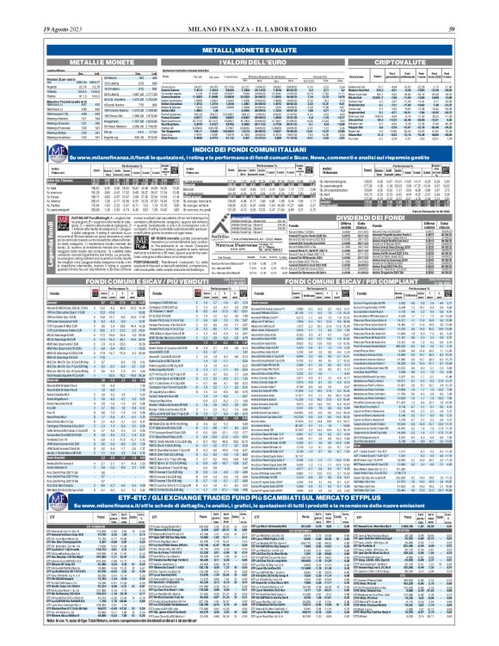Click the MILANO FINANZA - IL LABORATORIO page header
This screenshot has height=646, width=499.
[249, 8]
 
